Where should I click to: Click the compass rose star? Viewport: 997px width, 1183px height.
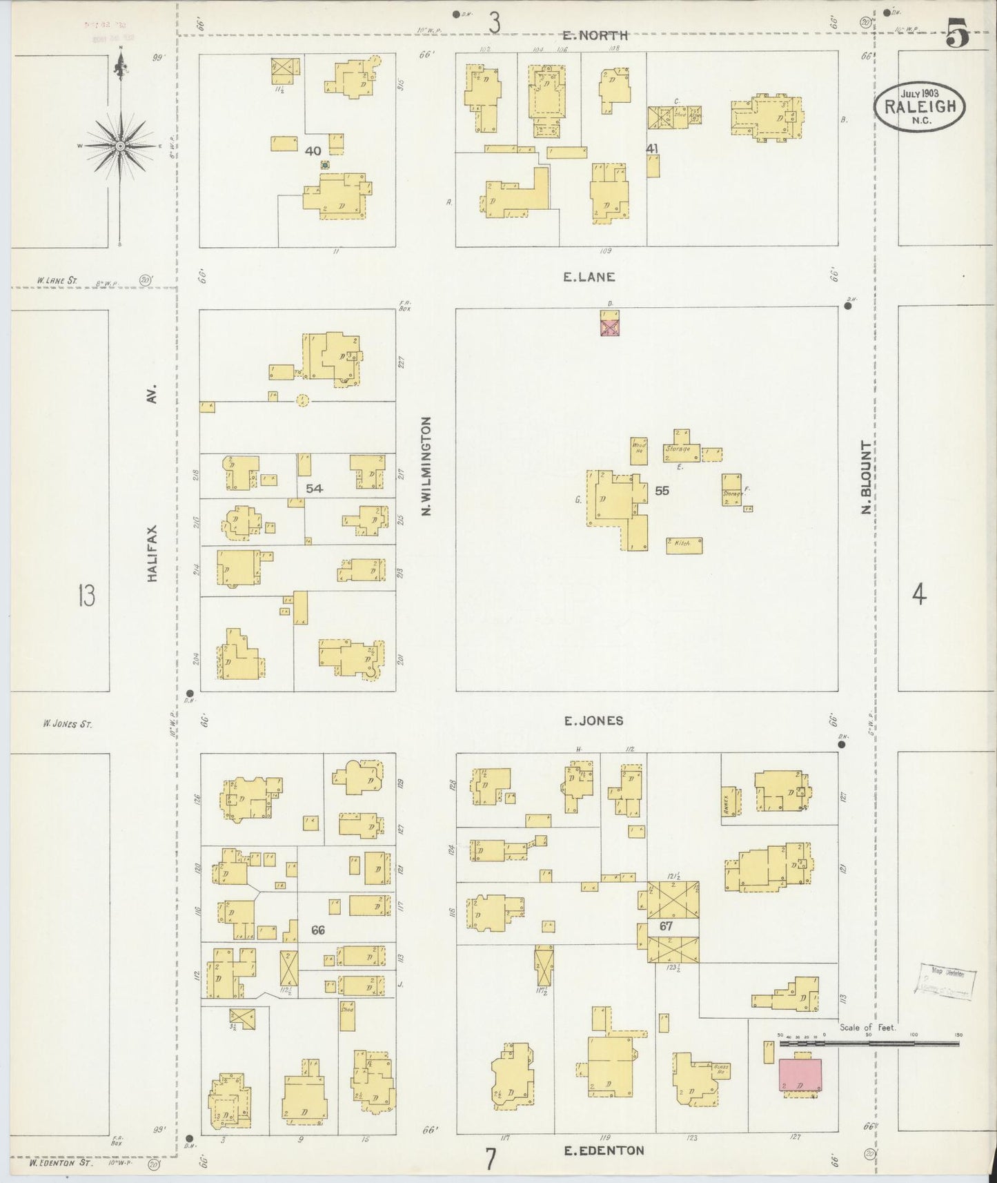pos(121,146)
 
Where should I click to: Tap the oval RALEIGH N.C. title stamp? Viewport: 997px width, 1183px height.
pos(919,108)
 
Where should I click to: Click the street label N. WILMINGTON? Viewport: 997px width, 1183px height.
pos(426,466)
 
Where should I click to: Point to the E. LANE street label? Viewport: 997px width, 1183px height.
pos(589,277)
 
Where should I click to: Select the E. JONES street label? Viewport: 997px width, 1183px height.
pos(593,721)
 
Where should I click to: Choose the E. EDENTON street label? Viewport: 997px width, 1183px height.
pos(604,1150)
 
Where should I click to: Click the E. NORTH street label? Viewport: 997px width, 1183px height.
pos(595,35)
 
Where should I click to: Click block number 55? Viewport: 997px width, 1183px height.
pos(662,491)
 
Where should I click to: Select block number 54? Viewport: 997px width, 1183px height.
pos(315,488)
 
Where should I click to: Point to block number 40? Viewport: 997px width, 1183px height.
pos(314,150)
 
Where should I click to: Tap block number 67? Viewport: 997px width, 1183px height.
pos(665,926)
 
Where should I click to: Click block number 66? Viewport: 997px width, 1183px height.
pos(317,930)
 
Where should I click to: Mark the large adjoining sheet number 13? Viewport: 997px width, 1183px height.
pos(86,595)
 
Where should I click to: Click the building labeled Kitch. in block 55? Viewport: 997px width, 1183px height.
pos(684,545)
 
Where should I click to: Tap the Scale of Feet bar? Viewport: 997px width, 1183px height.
pos(869,1044)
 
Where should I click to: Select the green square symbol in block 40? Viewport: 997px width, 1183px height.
pos(324,165)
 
